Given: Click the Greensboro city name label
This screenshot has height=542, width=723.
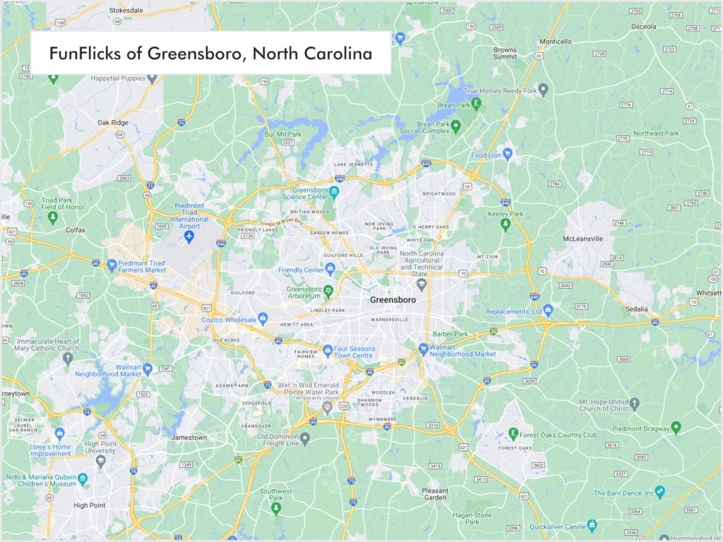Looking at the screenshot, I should point(393,300).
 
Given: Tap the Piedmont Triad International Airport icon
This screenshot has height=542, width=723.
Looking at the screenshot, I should point(189,236).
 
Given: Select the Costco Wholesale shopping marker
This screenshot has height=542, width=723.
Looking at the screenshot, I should point(263,320).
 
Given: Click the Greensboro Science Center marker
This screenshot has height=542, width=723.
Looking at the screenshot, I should point(335,193).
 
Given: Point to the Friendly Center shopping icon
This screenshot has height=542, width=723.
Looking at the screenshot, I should point(330,269).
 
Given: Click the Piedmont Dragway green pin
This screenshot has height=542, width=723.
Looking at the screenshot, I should point(676,426).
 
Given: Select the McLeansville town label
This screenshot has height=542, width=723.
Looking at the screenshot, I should point(582,239).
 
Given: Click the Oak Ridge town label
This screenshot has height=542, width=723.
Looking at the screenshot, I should point(113,123).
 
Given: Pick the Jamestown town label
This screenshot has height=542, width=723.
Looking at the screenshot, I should point(189,438).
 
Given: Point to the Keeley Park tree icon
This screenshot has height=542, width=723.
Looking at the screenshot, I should point(505,225).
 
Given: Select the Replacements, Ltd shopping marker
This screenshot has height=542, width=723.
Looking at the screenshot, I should point(547,311).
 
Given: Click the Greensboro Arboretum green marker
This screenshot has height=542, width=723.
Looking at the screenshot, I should point(328,290).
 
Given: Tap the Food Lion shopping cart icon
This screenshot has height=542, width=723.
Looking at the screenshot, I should point(507,153).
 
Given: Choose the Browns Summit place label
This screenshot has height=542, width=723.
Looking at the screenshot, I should point(505,54).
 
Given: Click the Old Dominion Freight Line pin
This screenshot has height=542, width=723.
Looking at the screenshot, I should point(305,439).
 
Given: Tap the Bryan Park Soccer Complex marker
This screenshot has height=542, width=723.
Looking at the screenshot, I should point(456,126).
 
